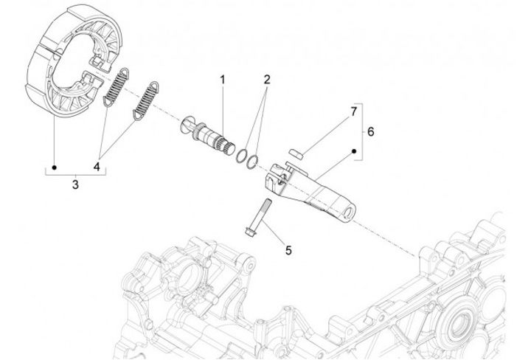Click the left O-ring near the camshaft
pos(241,153)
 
